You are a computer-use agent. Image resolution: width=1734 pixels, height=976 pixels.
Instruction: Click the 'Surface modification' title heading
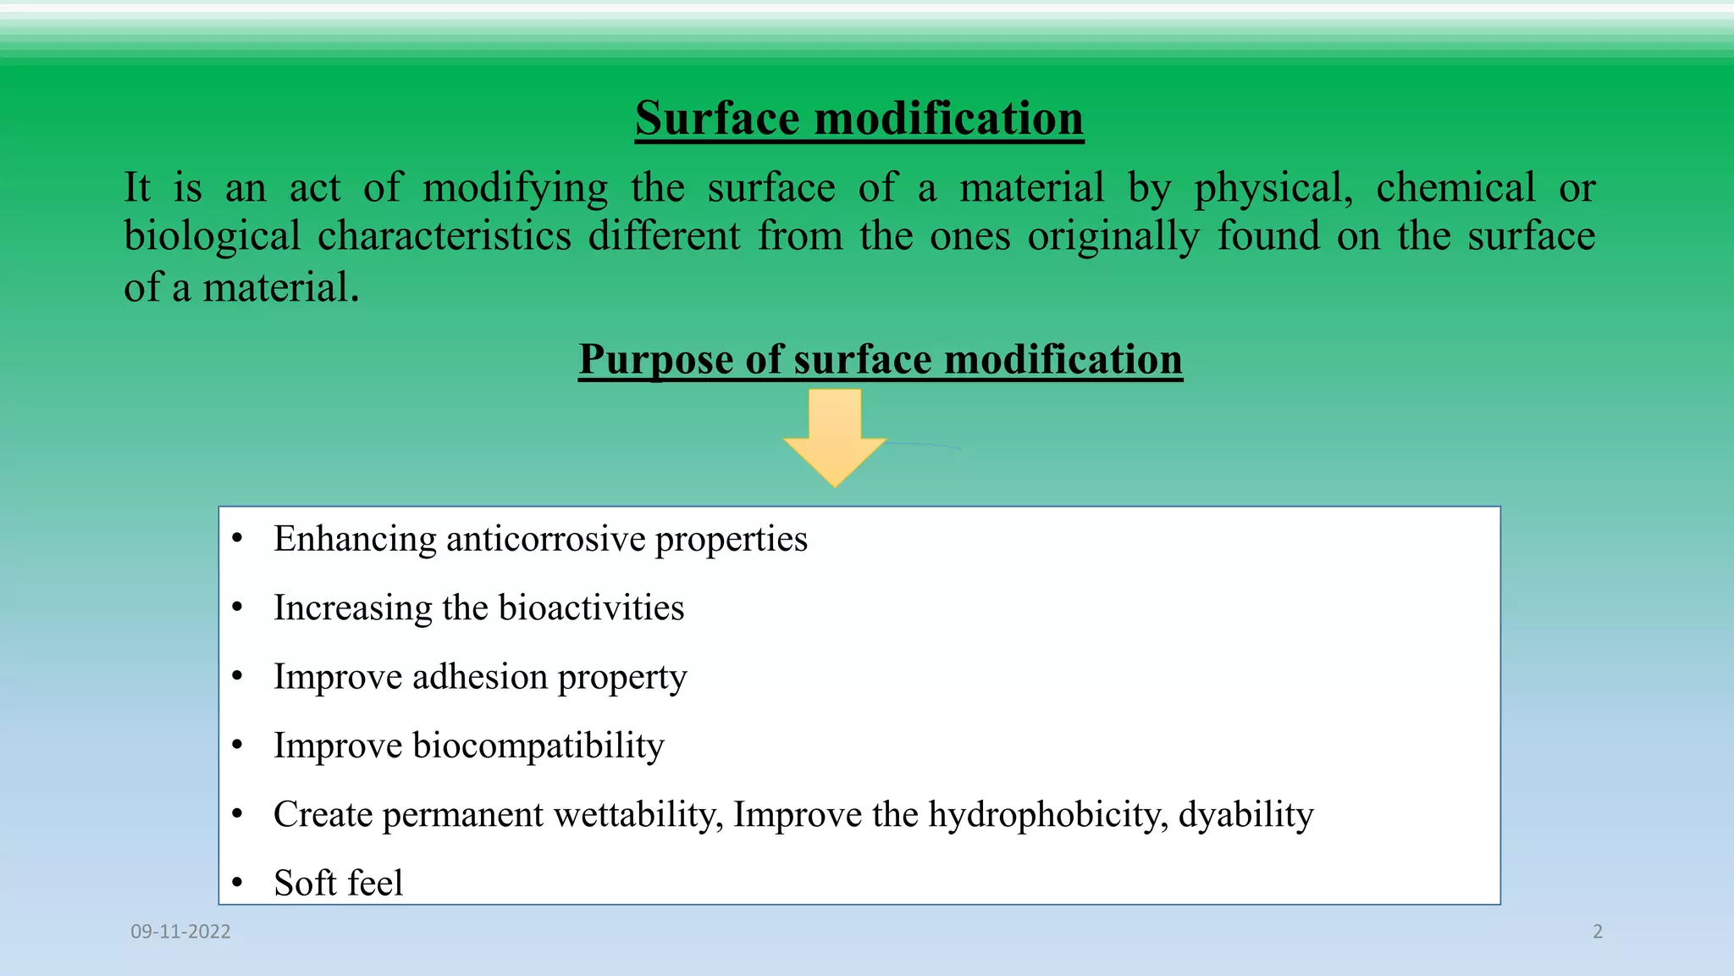coord(859,118)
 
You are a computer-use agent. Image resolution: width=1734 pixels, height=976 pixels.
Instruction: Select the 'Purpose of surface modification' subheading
coord(880,359)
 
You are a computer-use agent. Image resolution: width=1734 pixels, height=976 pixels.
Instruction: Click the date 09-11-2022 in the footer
coord(180,932)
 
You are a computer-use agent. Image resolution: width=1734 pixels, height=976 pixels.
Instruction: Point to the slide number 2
coord(1598,932)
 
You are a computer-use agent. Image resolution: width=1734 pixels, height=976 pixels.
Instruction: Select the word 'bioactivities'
coord(591,608)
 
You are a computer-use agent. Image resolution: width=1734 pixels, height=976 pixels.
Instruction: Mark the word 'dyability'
coord(1245,815)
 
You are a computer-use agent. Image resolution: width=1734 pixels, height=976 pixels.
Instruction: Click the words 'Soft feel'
coord(338,884)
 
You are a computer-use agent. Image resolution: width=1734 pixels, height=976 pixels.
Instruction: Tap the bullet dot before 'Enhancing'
coord(238,540)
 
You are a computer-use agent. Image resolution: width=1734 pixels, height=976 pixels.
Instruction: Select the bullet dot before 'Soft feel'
coord(238,884)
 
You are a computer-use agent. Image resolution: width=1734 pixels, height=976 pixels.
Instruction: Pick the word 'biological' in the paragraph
coord(213,236)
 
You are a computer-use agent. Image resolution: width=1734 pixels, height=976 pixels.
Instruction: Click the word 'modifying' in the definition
coord(515,187)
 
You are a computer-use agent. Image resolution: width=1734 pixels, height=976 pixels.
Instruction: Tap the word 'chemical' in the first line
coord(1455,187)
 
